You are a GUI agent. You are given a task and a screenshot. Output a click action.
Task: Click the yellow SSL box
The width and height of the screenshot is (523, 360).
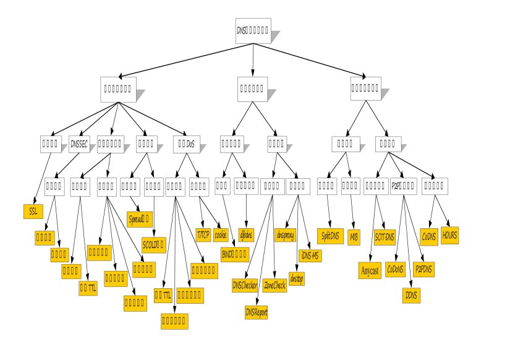[33, 211]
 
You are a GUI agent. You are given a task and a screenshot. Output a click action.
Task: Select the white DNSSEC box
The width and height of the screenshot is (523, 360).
[80, 144]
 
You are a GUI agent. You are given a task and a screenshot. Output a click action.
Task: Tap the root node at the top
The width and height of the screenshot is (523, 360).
[253, 30]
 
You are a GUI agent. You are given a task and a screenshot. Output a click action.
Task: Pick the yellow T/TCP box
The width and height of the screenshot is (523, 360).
[203, 234]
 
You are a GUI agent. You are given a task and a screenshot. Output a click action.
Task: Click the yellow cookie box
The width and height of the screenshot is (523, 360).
[221, 234]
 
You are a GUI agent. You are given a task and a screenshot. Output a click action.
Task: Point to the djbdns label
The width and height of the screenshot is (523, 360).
[246, 234]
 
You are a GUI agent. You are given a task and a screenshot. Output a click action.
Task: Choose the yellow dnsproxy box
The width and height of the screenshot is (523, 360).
[286, 234]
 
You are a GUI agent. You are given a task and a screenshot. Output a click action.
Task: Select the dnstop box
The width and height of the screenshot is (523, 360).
[296, 278]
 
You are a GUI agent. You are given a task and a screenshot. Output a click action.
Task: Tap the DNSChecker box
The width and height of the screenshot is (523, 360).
[244, 285]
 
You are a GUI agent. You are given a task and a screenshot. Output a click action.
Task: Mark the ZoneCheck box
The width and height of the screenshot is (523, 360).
[274, 285]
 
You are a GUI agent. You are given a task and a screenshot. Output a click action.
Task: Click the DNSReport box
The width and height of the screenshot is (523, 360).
[257, 312]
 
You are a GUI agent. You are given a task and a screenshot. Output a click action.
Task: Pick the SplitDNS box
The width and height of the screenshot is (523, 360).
[331, 236]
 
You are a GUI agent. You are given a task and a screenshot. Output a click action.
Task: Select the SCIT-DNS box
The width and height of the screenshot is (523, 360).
[385, 236]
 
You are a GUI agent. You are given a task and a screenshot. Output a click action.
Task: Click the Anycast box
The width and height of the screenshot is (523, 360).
[370, 270]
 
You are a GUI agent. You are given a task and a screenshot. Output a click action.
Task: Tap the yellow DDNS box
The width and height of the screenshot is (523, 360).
[410, 295]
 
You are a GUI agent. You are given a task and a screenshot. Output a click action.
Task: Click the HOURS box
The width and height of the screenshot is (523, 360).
[449, 235]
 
